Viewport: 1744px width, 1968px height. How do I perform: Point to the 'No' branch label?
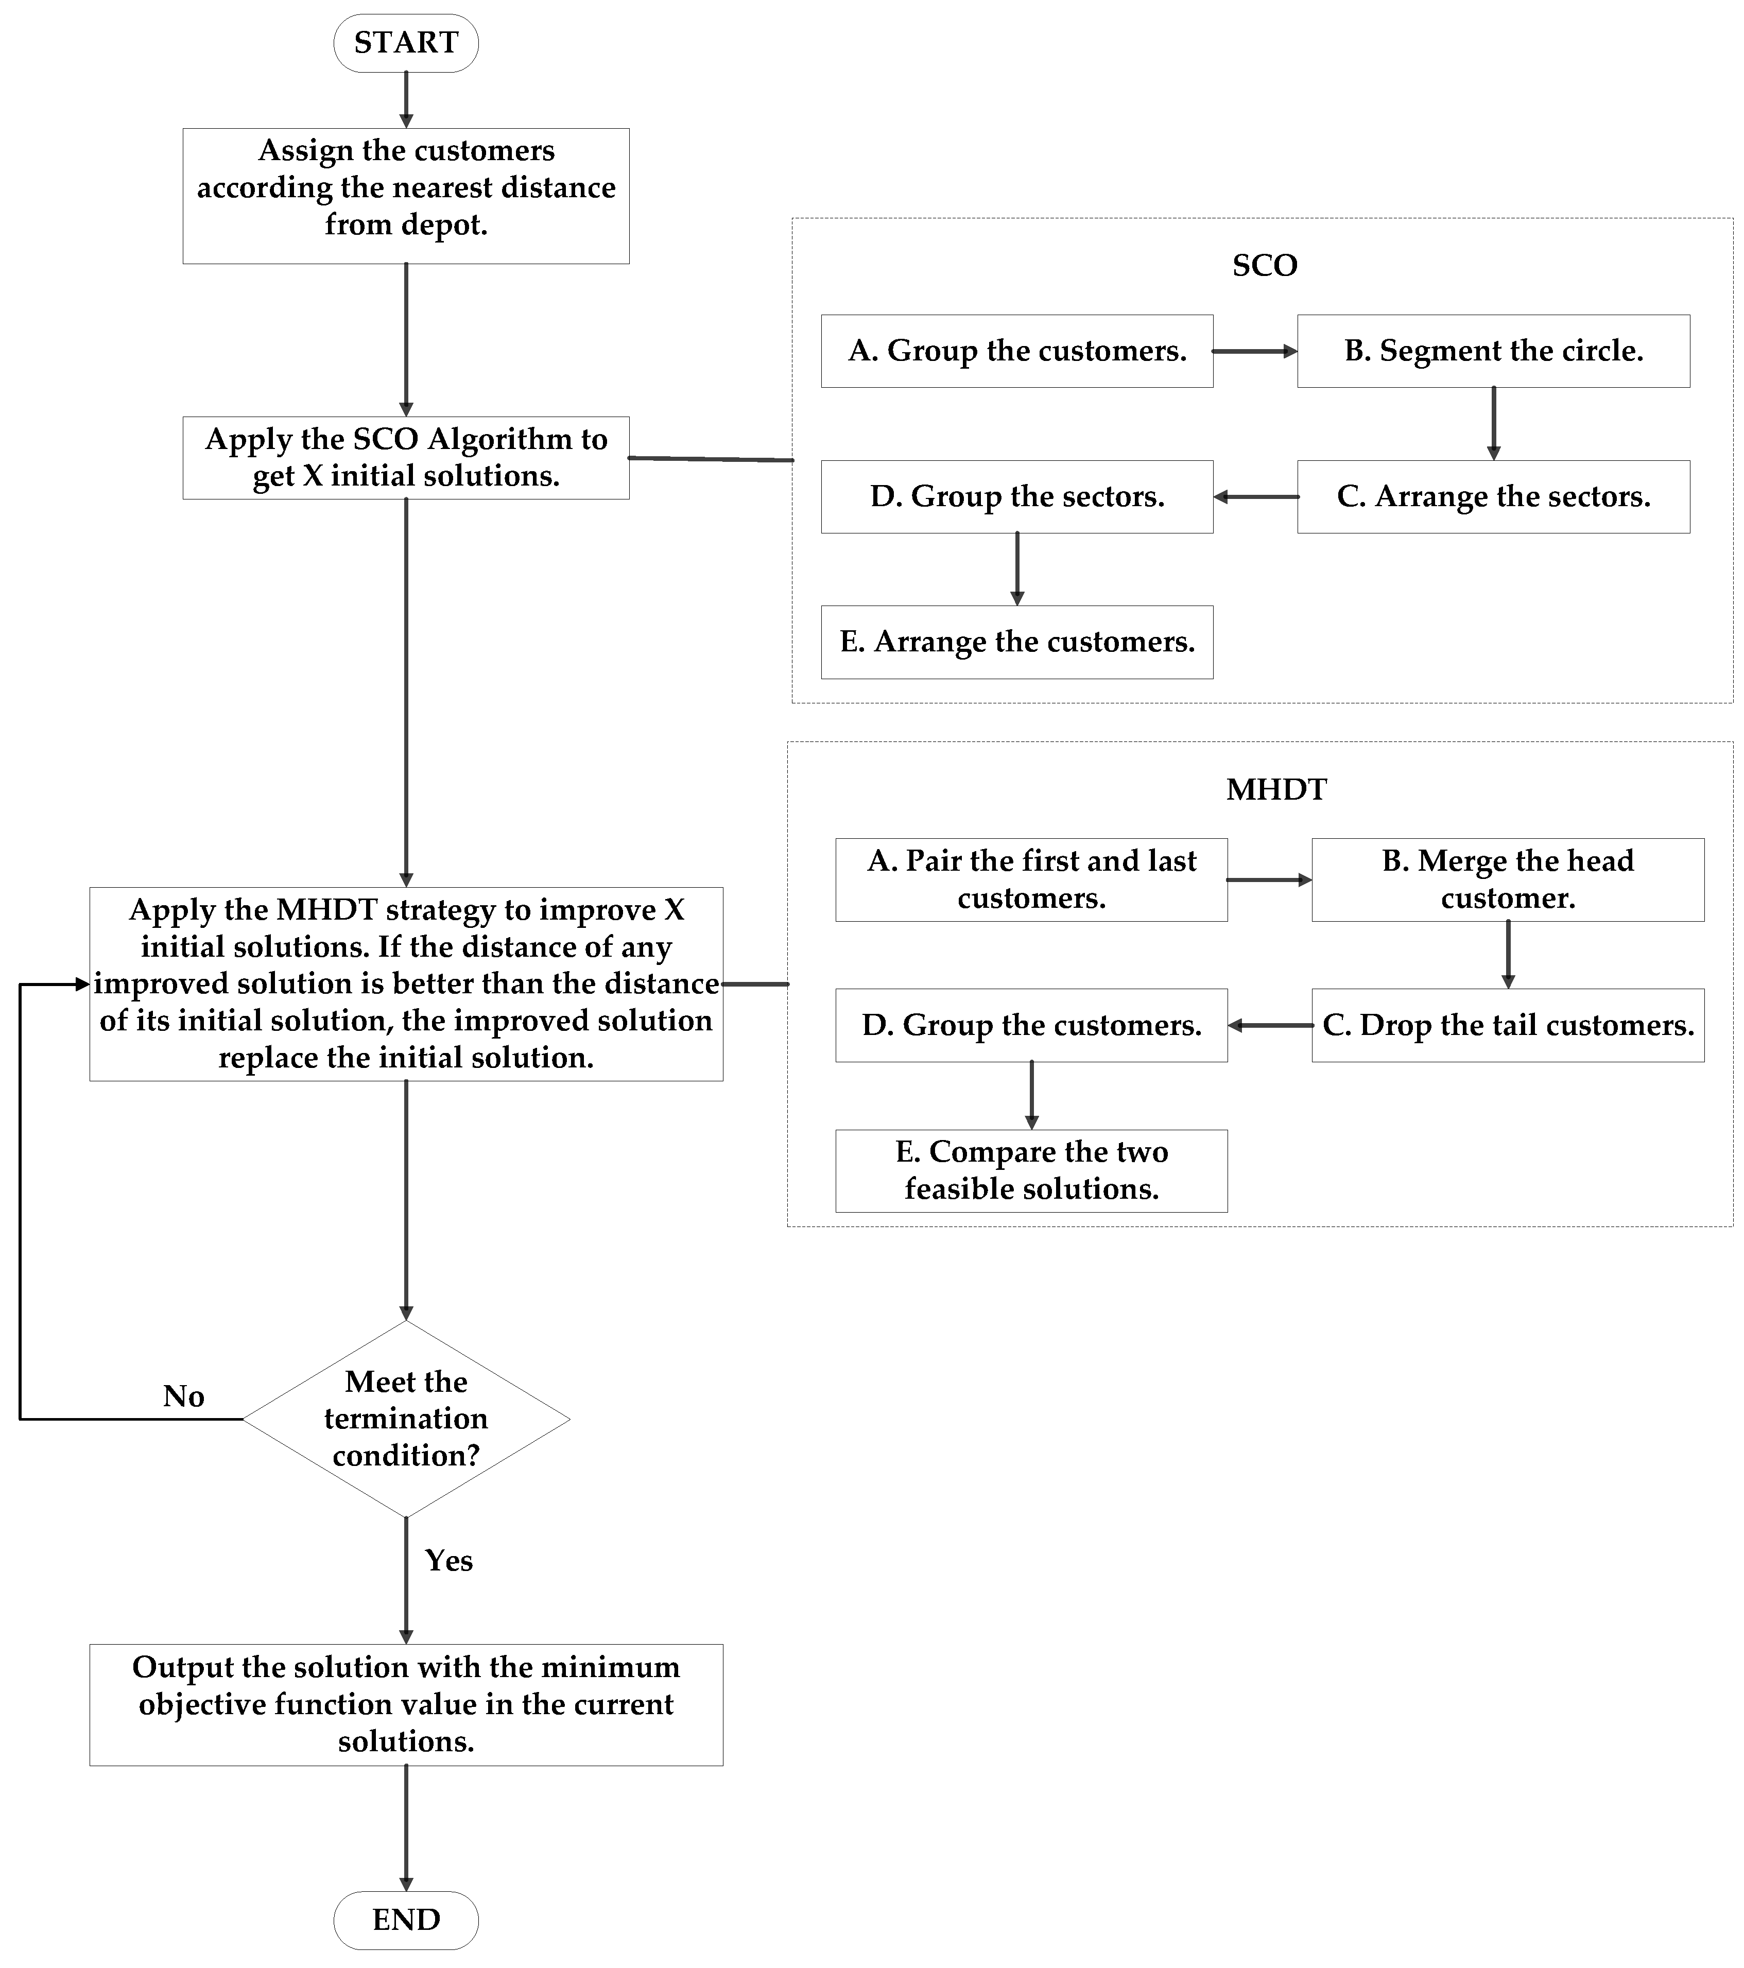[x=183, y=1396]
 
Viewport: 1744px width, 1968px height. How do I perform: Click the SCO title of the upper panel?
[x=1265, y=266]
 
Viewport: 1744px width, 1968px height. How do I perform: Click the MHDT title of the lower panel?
[x=1276, y=789]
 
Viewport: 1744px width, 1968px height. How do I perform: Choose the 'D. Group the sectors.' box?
[x=1017, y=497]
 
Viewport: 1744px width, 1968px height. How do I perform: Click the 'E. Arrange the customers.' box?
[x=1017, y=642]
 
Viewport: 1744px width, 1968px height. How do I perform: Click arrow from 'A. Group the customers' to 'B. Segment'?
[x=1254, y=351]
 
